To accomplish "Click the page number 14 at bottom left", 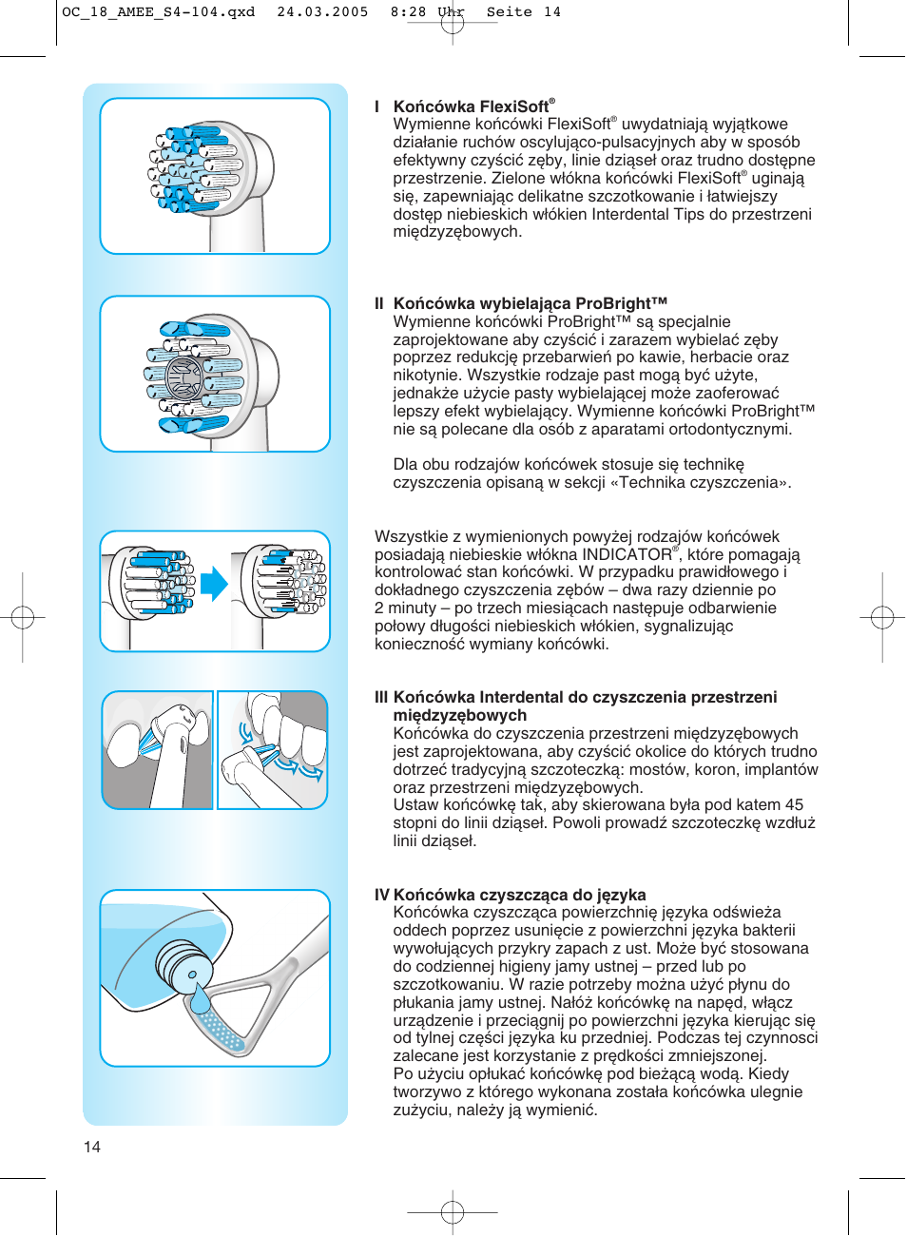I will (x=92, y=1147).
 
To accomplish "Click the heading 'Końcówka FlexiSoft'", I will (x=472, y=106).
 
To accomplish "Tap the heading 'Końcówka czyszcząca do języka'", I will (x=519, y=895).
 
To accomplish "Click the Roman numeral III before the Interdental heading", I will (x=381, y=697).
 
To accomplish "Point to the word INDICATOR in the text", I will (x=627, y=554).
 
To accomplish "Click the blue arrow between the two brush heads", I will (x=214, y=584).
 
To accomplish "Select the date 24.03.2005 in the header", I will (x=322, y=12).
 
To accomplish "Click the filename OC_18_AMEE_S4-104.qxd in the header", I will (x=158, y=12).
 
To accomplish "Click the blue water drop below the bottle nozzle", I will (x=200, y=999).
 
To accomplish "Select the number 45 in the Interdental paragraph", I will (x=794, y=805).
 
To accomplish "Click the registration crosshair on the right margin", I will (x=882, y=618).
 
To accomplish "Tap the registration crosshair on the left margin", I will (x=23, y=618).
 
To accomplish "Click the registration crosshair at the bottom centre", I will (x=453, y=1212).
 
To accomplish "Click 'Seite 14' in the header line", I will (x=523, y=12).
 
